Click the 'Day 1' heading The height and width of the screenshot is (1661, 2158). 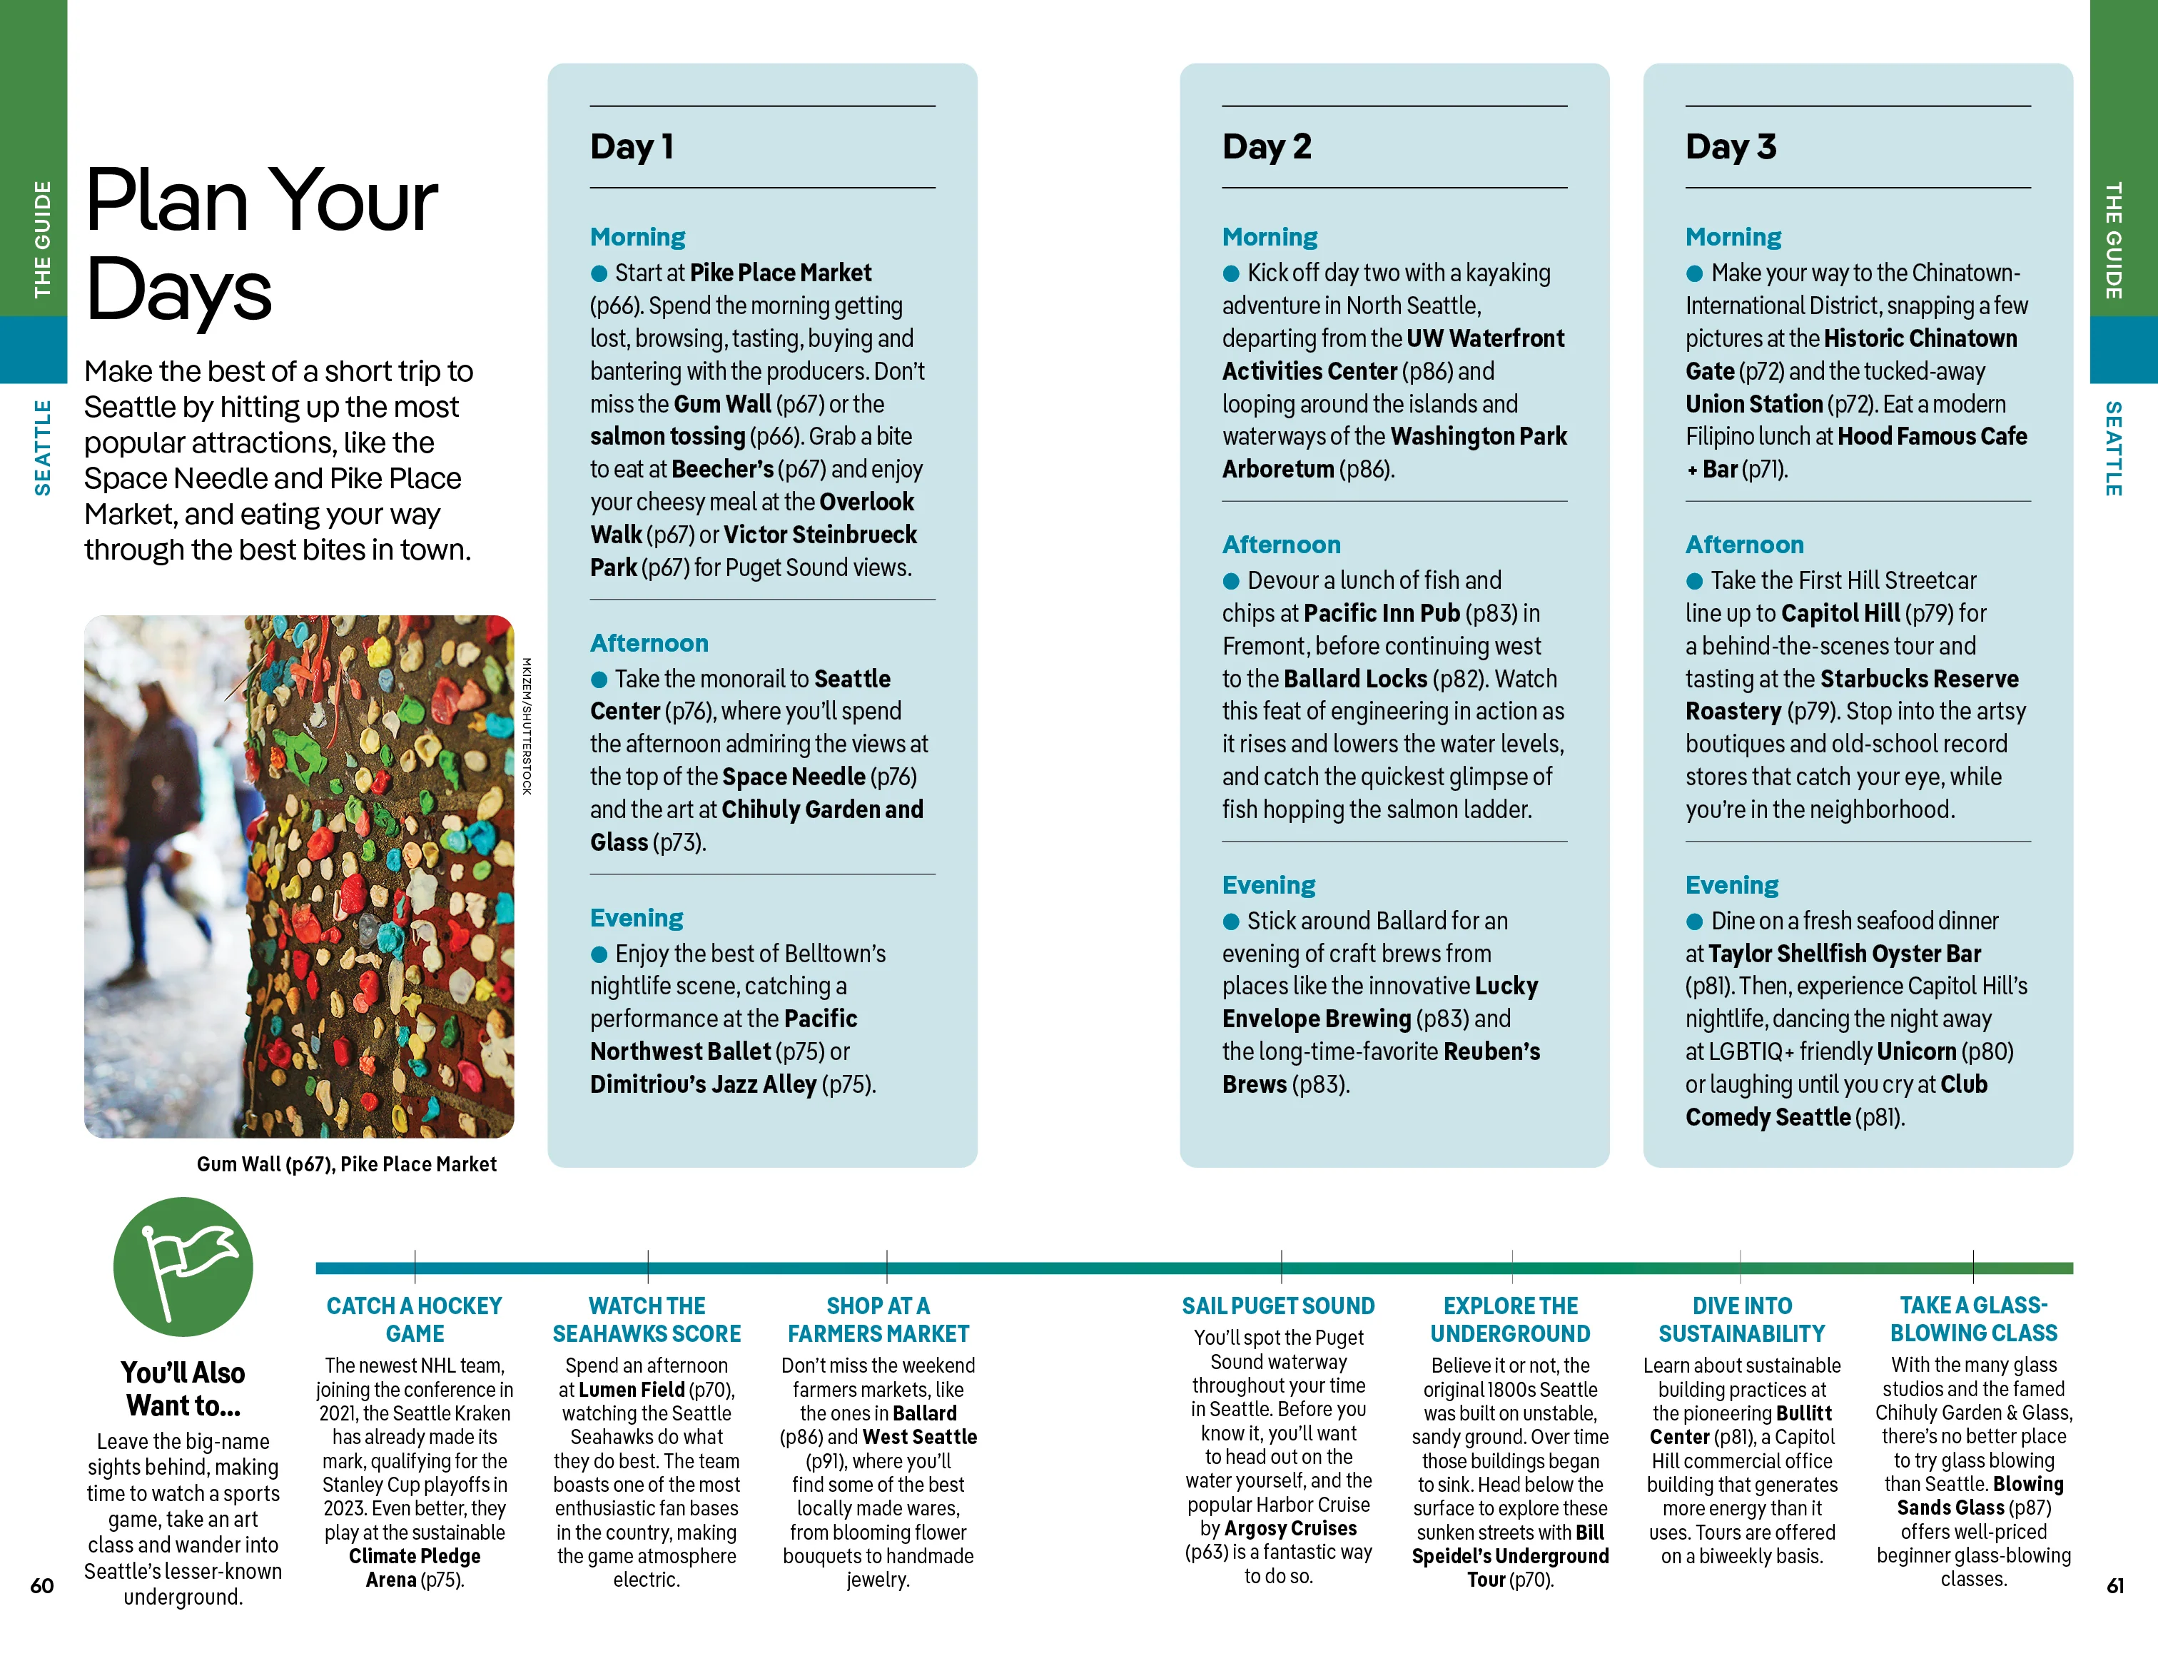pyautogui.click(x=632, y=146)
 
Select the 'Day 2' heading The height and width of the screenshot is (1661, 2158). pyautogui.click(x=1266, y=146)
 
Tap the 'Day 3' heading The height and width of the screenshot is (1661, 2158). pyautogui.click(x=1730, y=146)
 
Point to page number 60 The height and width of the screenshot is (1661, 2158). pyautogui.click(x=41, y=1585)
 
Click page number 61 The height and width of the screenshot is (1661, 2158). pyautogui.click(x=2114, y=1585)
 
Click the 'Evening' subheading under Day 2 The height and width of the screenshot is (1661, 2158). pyautogui.click(x=1269, y=884)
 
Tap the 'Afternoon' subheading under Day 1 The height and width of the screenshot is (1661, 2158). pyautogui.click(x=649, y=643)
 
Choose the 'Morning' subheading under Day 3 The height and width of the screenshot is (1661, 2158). pyautogui.click(x=1733, y=237)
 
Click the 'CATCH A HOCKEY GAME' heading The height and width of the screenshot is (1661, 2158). pyautogui.click(x=415, y=1319)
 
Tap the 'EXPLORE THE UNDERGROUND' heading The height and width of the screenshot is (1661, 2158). pyautogui.click(x=1510, y=1319)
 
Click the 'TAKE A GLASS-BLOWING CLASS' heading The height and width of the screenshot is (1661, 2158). pyautogui.click(x=1973, y=1319)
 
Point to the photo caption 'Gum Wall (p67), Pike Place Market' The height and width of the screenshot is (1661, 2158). pyautogui.click(x=346, y=1164)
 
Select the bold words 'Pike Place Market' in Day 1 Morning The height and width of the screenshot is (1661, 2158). pyautogui.click(x=781, y=273)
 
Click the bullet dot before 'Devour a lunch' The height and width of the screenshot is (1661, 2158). pyautogui.click(x=1231, y=581)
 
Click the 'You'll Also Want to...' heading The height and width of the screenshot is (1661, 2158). pyautogui.click(x=183, y=1388)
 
